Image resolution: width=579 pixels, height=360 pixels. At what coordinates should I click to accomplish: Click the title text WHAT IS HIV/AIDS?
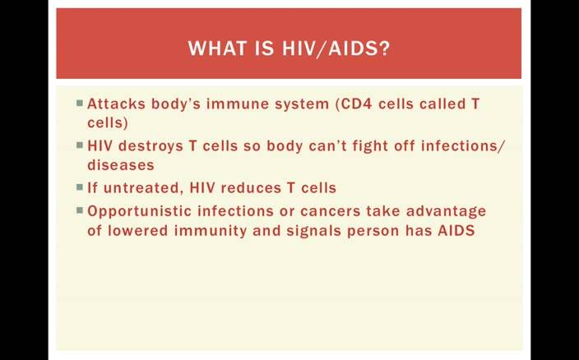[289, 48]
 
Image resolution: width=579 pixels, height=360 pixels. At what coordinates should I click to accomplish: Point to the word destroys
[151, 146]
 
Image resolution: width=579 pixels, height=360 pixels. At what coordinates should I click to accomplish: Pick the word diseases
[121, 165]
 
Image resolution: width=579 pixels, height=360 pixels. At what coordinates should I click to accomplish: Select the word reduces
[251, 188]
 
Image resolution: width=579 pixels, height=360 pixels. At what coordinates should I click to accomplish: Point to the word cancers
[330, 212]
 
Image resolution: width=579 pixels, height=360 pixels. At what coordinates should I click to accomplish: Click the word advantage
[446, 212]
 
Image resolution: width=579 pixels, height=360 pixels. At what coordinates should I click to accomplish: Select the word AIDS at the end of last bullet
[456, 230]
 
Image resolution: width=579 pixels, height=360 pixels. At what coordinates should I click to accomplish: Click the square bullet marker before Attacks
[80, 103]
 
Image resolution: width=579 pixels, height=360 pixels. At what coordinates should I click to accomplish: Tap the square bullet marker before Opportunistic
[80, 210]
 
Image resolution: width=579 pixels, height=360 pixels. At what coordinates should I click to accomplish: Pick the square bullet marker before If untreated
[80, 187]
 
